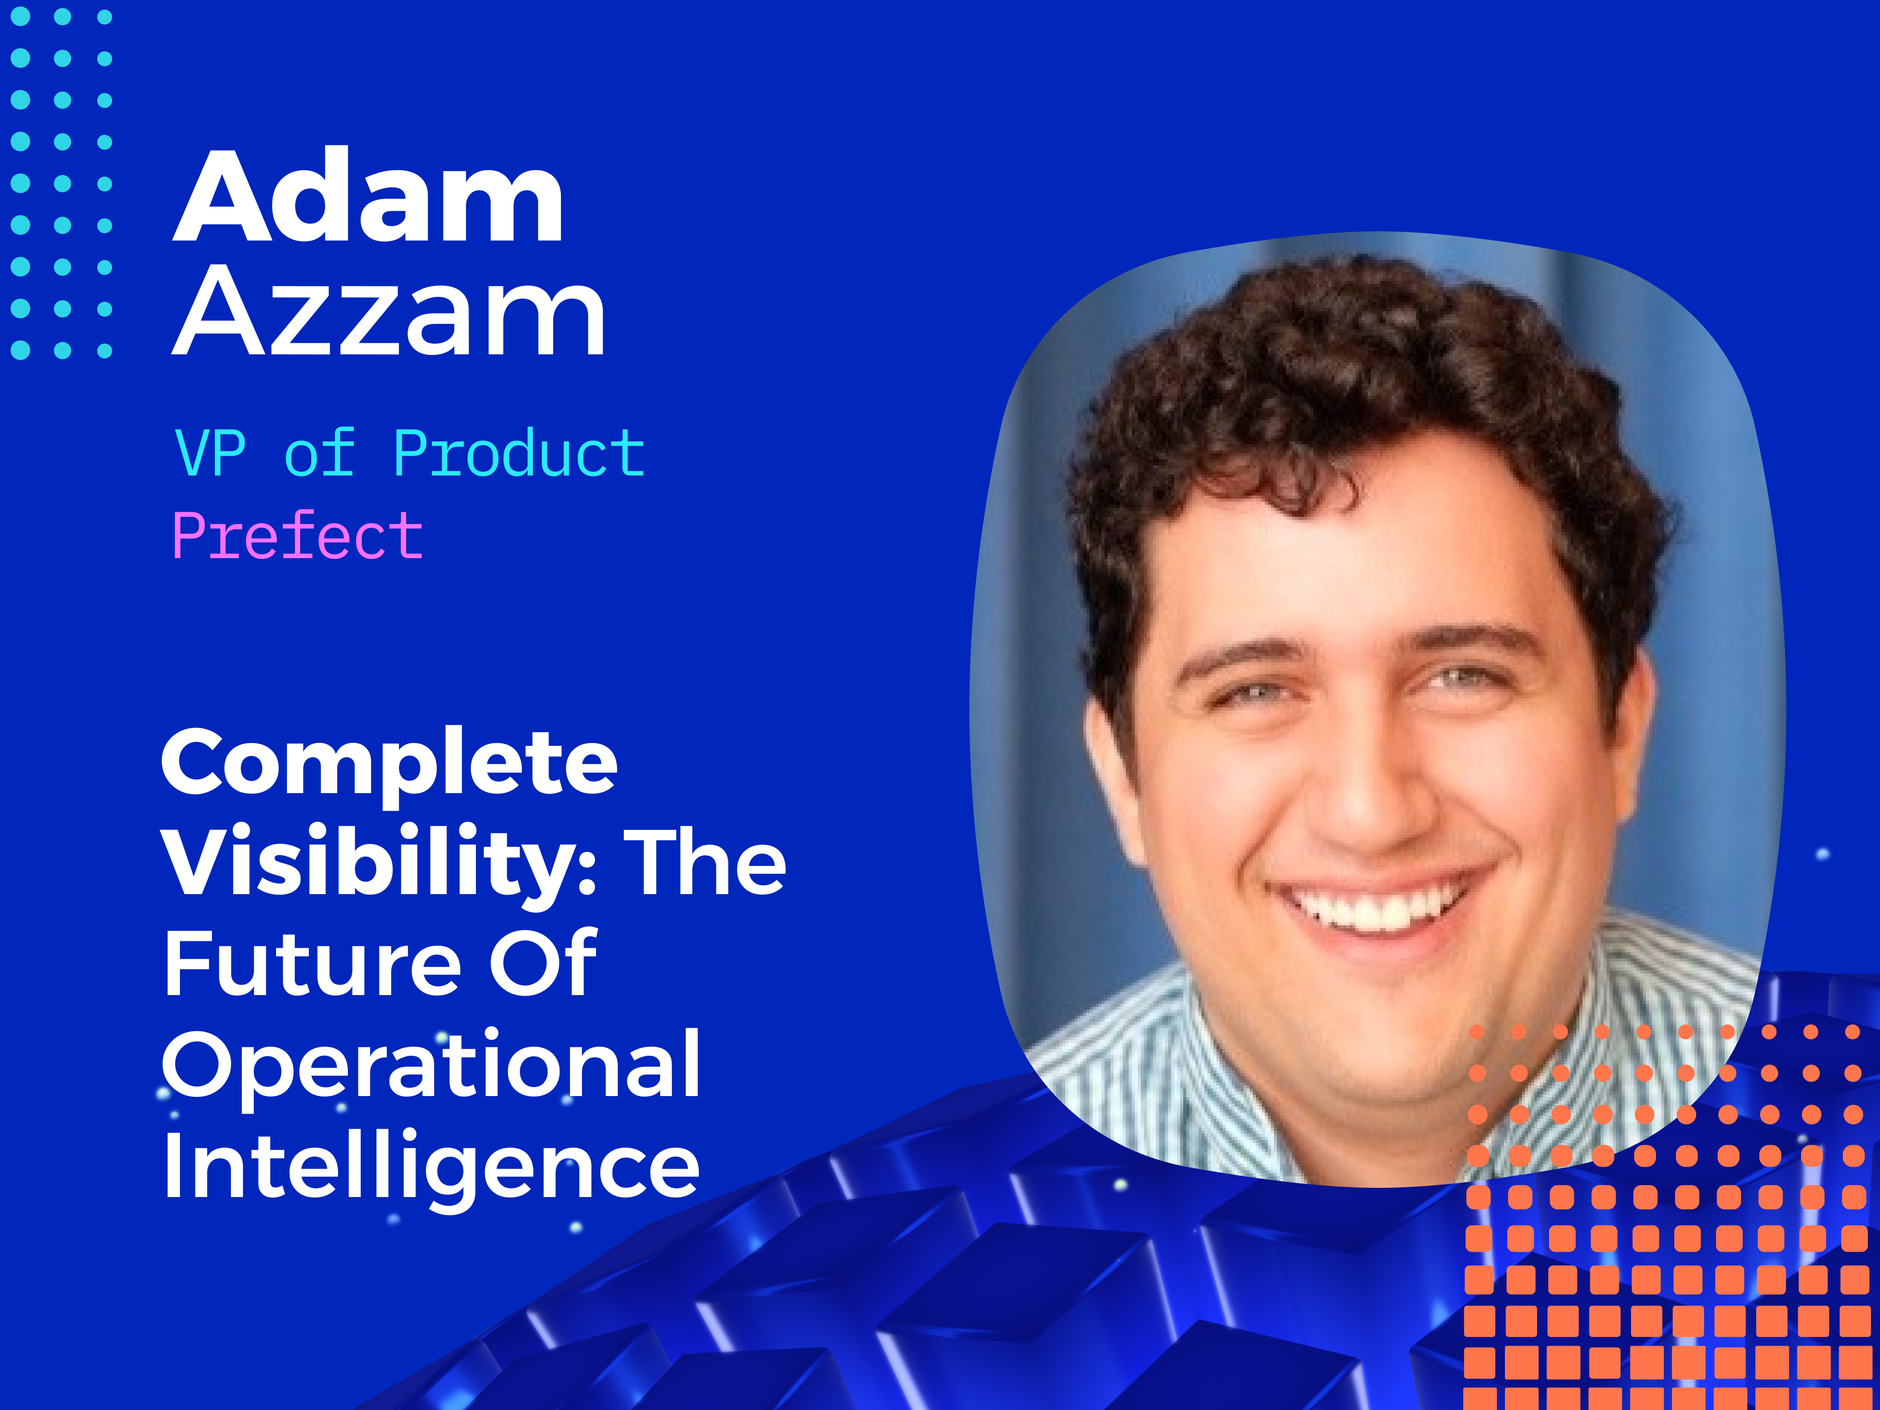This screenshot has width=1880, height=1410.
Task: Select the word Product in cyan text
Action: tap(519, 453)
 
